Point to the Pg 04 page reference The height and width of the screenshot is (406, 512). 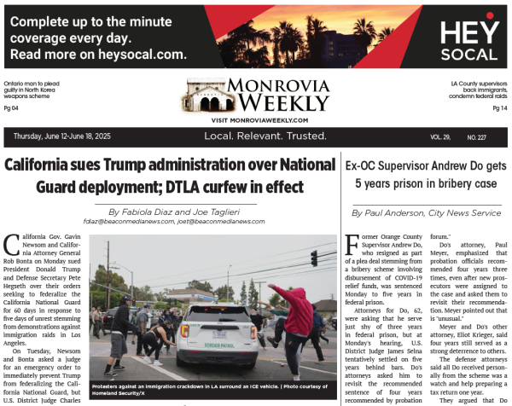click(x=11, y=108)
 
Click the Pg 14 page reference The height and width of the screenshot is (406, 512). click(x=500, y=108)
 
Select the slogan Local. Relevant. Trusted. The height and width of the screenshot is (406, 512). click(x=265, y=136)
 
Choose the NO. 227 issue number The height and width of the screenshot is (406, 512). click(x=476, y=137)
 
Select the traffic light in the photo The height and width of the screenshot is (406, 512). click(x=314, y=258)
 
